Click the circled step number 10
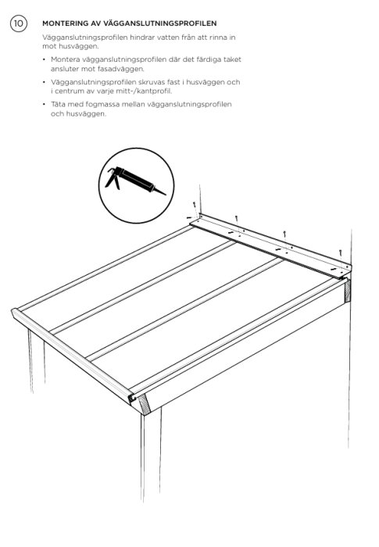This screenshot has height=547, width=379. coord(18,24)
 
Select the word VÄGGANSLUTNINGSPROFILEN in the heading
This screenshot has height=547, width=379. coord(163,24)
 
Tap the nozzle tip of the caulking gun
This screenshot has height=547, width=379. coord(162,188)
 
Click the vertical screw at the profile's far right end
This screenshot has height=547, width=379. coord(341,251)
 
